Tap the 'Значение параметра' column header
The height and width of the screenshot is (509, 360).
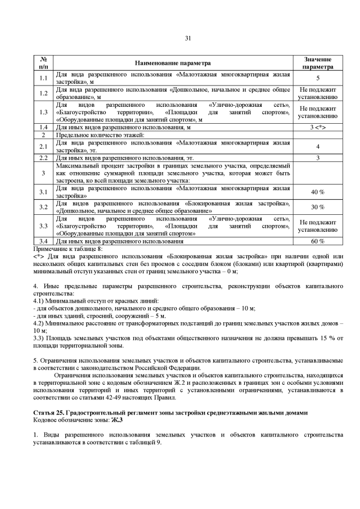[x=317, y=63]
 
